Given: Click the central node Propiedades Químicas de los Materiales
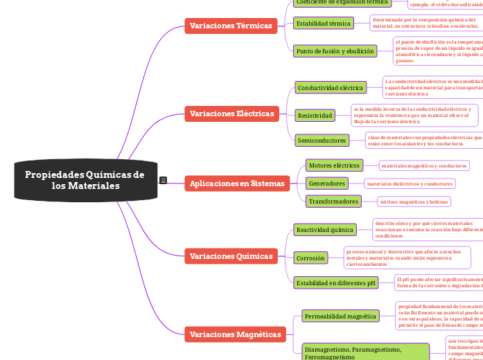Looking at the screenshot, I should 85,181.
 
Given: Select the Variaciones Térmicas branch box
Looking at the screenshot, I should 231,26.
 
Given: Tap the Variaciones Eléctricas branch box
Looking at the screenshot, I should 231,114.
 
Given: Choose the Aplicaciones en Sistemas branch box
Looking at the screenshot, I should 237,183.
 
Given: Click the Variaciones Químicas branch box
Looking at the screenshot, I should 231,256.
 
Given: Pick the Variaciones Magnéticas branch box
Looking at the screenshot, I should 235,334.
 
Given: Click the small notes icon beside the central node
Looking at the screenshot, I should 163,181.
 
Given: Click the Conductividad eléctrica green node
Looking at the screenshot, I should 331,88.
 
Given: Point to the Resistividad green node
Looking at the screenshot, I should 315,115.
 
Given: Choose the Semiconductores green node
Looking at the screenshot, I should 322,141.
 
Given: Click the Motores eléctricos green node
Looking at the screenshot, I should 334,165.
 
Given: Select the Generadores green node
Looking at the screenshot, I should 327,183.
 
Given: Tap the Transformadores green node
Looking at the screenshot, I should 333,201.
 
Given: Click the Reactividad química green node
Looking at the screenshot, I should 324,229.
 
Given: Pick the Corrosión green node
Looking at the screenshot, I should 310,258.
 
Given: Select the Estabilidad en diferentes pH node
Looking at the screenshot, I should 335,282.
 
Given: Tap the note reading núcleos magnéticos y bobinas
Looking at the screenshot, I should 414,201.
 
